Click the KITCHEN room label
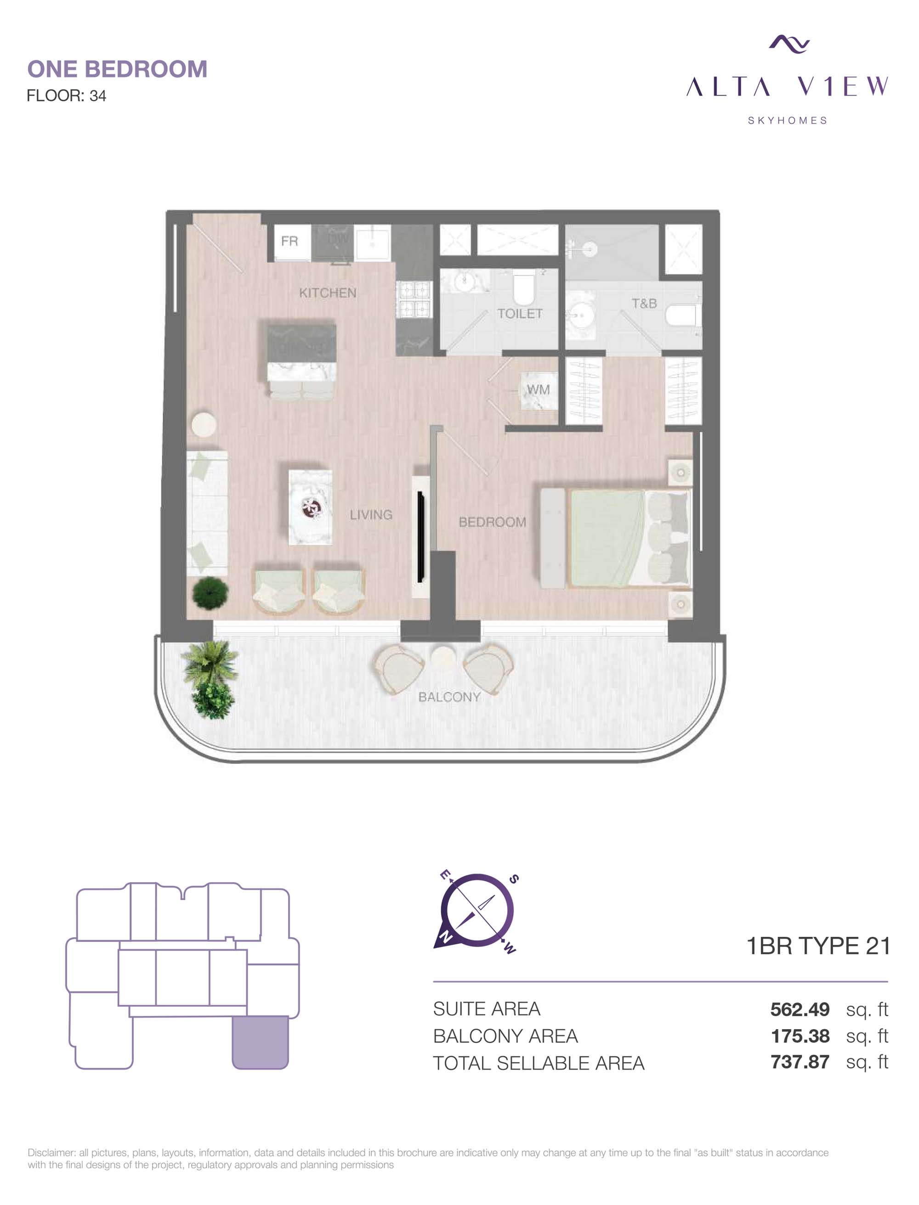327,293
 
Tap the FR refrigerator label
289,241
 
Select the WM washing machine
538,390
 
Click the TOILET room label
520,313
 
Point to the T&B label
644,304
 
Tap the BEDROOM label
492,522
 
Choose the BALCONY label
449,697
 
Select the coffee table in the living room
310,507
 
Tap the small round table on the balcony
442,657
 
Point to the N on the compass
446,938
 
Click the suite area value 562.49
800,1009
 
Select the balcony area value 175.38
800,1036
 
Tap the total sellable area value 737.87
800,1062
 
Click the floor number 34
98,96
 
